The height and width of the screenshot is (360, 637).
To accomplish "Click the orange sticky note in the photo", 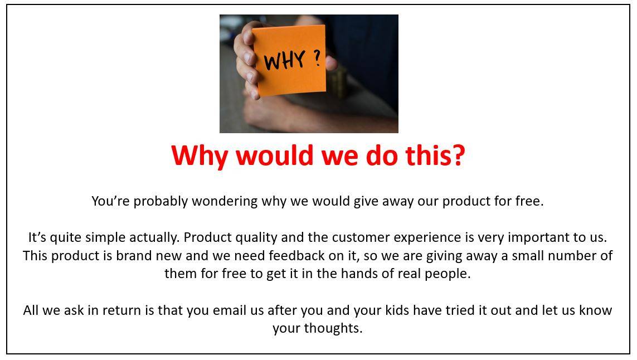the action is point(289,60).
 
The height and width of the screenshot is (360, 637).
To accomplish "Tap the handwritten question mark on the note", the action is point(317,58).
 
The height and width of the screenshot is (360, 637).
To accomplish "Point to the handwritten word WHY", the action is point(284,61).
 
